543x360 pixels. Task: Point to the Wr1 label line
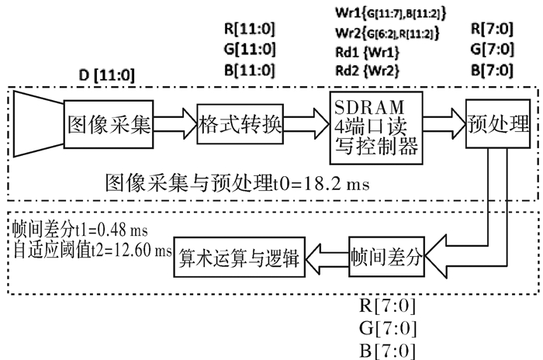[x=382, y=13]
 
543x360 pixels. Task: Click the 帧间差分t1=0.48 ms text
[x=80, y=230]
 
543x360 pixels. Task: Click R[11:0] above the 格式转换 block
[x=248, y=32]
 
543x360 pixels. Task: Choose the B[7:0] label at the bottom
[x=386, y=348]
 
